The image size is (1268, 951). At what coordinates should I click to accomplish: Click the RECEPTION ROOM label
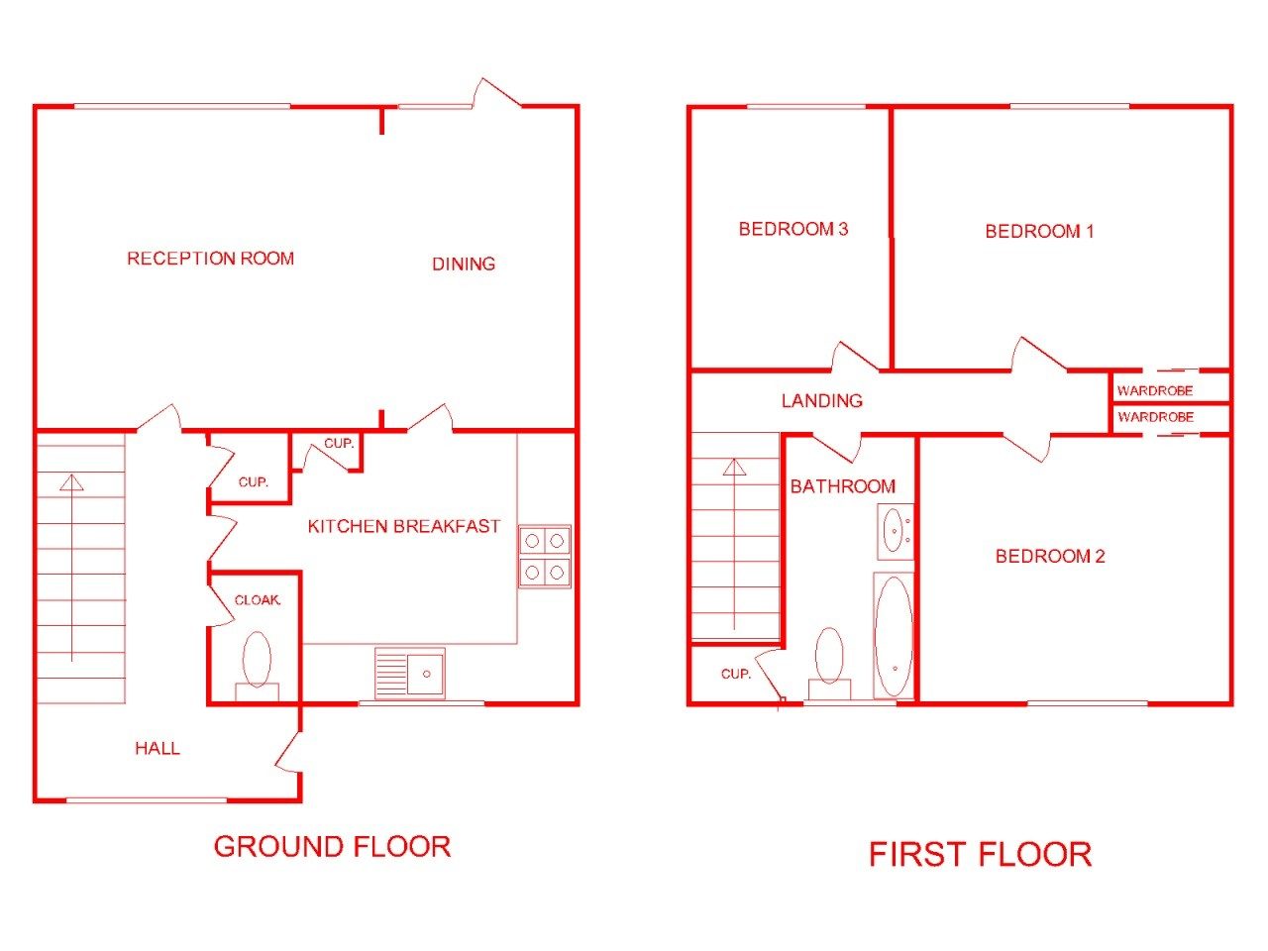pyautogui.click(x=210, y=259)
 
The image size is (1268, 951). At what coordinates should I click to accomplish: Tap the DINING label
pyautogui.click(x=464, y=264)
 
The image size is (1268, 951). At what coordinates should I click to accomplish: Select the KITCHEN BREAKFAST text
pyautogui.click(x=403, y=526)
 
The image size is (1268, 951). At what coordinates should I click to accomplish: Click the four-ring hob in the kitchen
pyautogui.click(x=544, y=557)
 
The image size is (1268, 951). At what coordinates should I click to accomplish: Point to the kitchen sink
pyautogui.click(x=409, y=674)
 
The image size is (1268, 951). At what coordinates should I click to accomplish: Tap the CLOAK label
pyautogui.click(x=257, y=600)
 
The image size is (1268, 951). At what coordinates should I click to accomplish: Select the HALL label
pyautogui.click(x=158, y=748)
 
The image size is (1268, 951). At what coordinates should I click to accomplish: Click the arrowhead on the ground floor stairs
pyautogui.click(x=71, y=482)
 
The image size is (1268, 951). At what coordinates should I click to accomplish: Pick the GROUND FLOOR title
pyautogui.click(x=332, y=846)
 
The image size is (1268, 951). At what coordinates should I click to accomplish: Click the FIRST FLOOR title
pyautogui.click(x=980, y=854)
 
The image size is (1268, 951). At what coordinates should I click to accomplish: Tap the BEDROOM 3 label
pyautogui.click(x=793, y=229)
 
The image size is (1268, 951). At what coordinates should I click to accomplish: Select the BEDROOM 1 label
pyautogui.click(x=1039, y=232)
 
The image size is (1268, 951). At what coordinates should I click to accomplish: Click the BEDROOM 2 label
pyautogui.click(x=1050, y=556)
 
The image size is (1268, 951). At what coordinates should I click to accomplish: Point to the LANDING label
pyautogui.click(x=822, y=401)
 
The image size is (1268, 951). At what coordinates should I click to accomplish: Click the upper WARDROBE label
pyautogui.click(x=1155, y=391)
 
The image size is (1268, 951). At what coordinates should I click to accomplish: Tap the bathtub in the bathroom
pyautogui.click(x=894, y=635)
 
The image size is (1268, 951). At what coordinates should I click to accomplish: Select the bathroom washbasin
pyautogui.click(x=895, y=531)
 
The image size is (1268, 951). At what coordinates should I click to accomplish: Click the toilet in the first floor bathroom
pyautogui.click(x=829, y=664)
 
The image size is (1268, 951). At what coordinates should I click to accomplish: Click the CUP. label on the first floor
pyautogui.click(x=735, y=674)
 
